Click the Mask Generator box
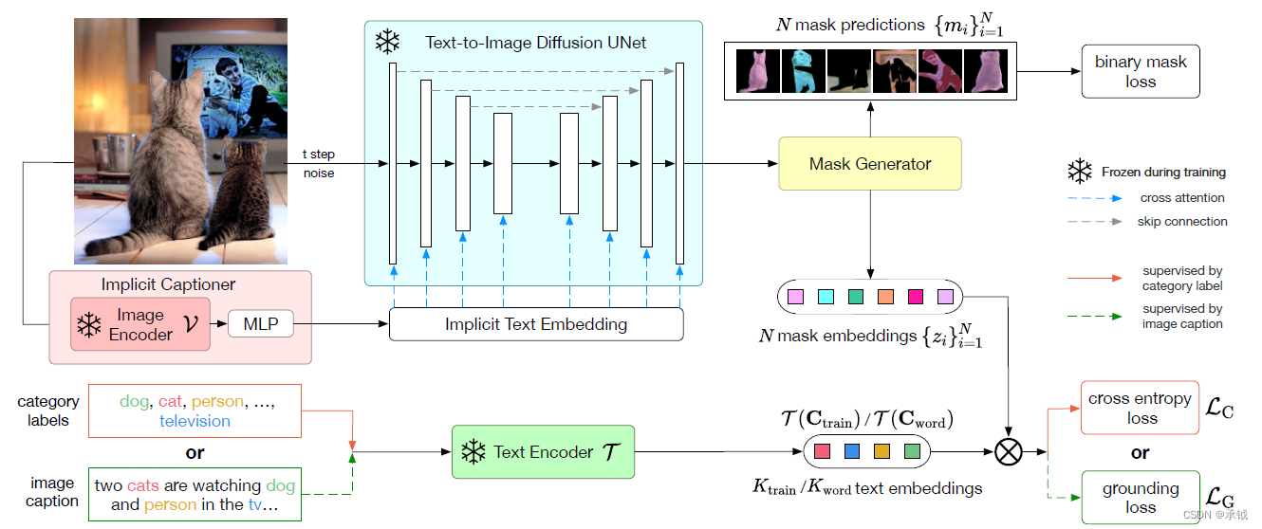coord(869,164)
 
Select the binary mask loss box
coord(1140,72)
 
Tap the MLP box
coord(261,324)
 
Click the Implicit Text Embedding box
coord(536,324)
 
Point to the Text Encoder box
coord(544,452)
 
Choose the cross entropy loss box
coord(1140,408)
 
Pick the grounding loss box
coord(1140,498)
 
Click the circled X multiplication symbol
coord(1009,452)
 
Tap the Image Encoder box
coord(139,324)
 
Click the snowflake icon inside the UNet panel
coord(387,43)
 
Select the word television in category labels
coord(195,421)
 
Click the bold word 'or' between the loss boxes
coord(1140,452)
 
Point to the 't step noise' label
coord(319,164)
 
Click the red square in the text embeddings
coord(822,451)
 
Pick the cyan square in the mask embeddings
coord(825,298)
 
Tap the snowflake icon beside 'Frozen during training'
coord(1079,172)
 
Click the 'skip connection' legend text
coord(1181,221)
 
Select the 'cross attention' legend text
coord(1181,198)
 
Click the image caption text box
coord(195,495)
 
